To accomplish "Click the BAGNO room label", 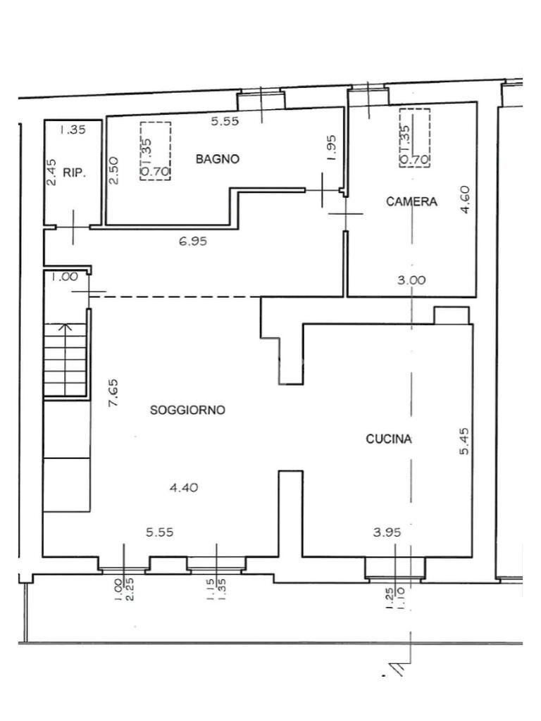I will point(217,159).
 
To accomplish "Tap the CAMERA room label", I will point(411,202).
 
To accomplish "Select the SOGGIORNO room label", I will point(187,410).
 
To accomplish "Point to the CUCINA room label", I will point(389,439).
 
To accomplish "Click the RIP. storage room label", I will point(74,173).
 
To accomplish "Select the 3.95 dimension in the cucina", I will point(386,532).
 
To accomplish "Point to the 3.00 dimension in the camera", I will point(411,280).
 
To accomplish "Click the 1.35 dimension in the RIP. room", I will point(73,130).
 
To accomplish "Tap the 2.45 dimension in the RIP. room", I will point(51,172).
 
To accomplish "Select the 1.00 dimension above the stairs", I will point(64,277).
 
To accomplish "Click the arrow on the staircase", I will point(66,328).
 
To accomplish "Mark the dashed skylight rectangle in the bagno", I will point(156,151).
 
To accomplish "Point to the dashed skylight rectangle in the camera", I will point(414,138).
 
